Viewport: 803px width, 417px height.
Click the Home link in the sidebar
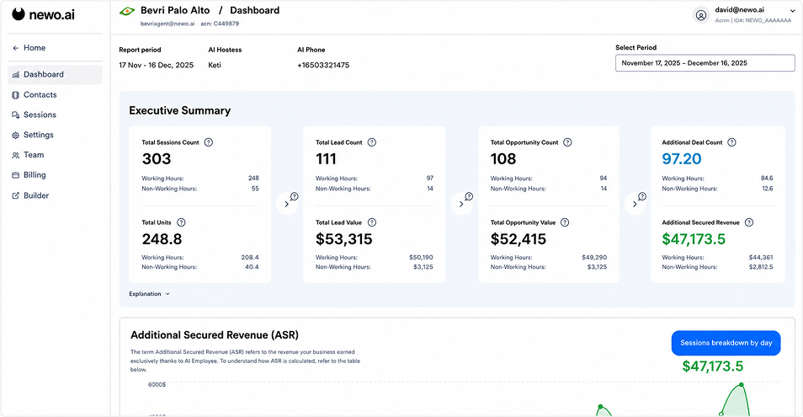pos(29,48)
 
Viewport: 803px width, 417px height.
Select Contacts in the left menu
pos(35,94)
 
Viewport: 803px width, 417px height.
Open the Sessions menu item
pos(34,115)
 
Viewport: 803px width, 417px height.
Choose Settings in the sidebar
pos(33,135)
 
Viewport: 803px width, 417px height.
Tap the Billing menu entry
pos(29,174)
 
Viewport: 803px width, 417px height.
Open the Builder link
pos(31,195)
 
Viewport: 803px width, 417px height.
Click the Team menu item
pos(28,155)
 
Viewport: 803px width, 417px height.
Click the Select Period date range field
pos(705,63)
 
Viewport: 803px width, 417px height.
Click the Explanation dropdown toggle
pos(150,294)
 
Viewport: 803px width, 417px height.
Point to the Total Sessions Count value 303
pos(157,159)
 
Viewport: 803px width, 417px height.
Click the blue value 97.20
pos(682,159)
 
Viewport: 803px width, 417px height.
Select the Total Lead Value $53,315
pos(344,239)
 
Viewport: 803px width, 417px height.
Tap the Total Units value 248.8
pos(162,239)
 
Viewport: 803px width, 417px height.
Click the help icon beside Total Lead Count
pos(372,142)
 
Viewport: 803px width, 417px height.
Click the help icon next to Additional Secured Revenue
pos(749,222)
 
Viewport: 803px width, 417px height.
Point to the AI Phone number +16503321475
pos(323,65)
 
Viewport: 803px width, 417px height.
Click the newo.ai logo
pos(44,14)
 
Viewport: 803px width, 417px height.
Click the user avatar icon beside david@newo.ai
pos(700,15)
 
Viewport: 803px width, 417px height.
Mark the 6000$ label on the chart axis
pos(157,384)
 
